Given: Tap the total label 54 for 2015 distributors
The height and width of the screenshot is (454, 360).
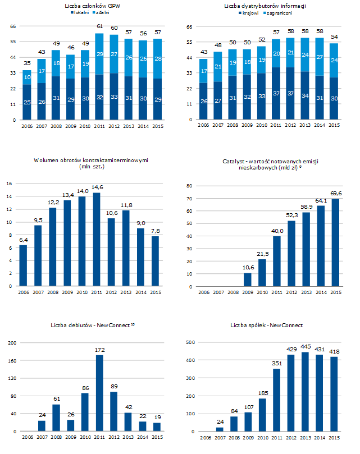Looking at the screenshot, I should pos(334,36).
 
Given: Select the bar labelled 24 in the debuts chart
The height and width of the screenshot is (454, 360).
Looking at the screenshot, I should pos(42,426).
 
